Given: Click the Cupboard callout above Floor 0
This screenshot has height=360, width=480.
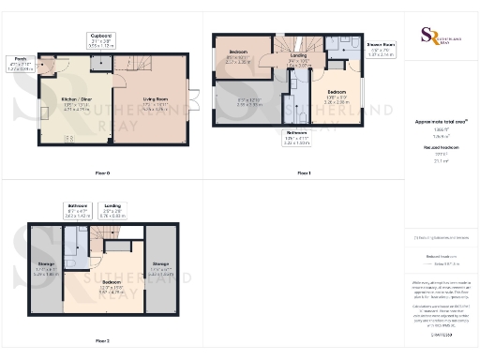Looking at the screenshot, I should pos(101,39).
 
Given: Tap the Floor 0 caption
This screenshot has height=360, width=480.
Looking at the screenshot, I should pos(103,172).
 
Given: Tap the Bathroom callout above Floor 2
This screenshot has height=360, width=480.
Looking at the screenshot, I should pos(78,208).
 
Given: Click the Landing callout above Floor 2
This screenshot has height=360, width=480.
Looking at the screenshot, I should pos(112,208).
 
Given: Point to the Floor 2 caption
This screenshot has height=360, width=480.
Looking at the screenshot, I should pos(101,340).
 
